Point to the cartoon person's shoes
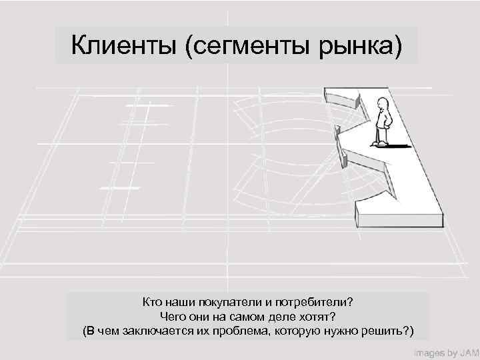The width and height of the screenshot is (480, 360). click(x=380, y=143)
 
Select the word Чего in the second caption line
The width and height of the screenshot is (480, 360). click(x=174, y=316)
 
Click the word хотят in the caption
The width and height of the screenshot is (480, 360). click(x=315, y=316)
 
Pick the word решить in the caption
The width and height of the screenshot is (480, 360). click(x=389, y=331)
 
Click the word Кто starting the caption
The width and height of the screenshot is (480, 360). click(x=153, y=302)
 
